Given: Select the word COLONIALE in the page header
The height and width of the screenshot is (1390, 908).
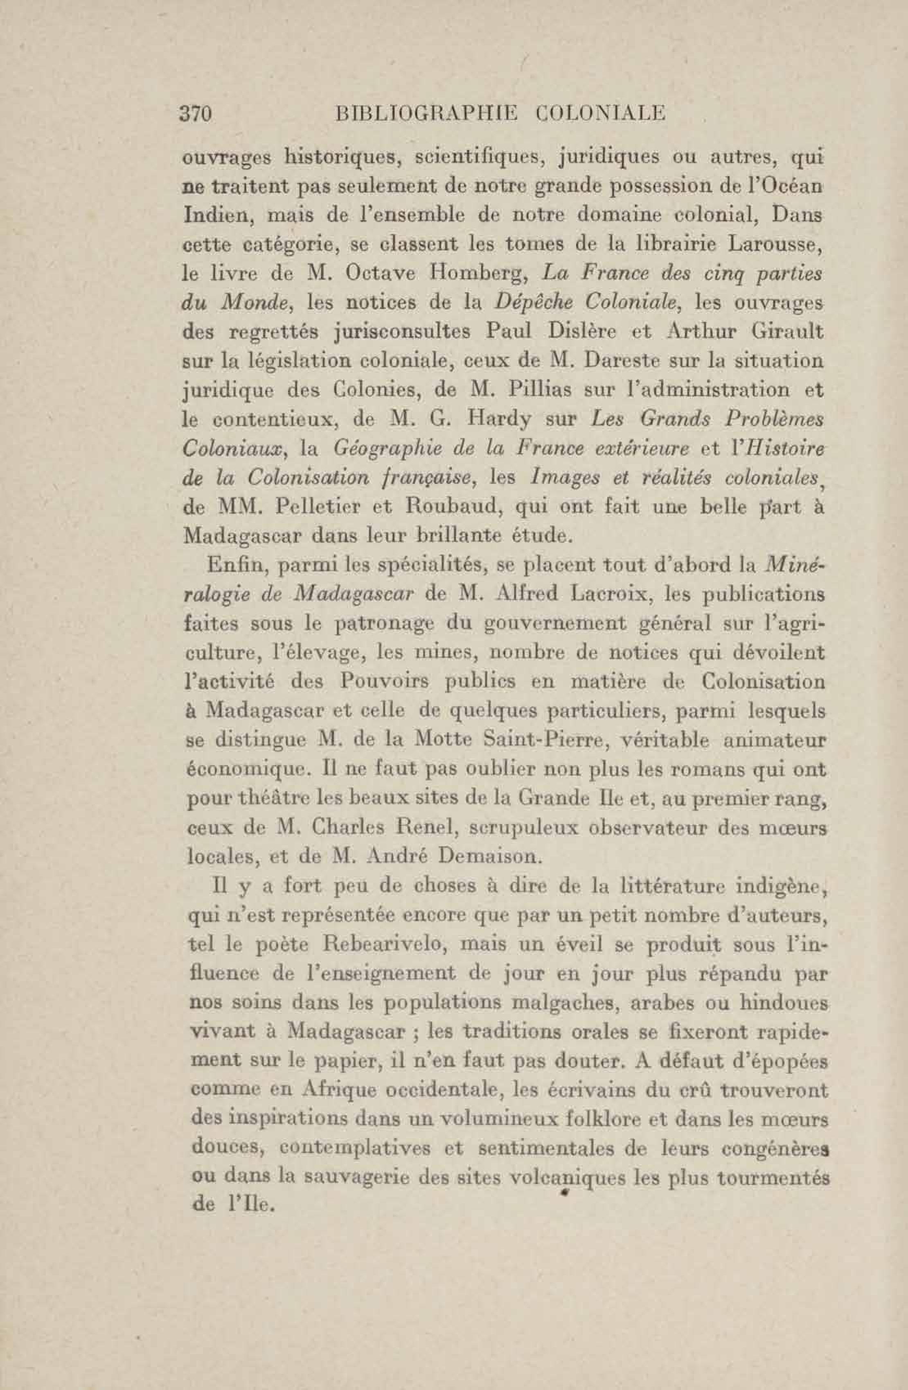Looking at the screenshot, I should click(601, 113).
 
